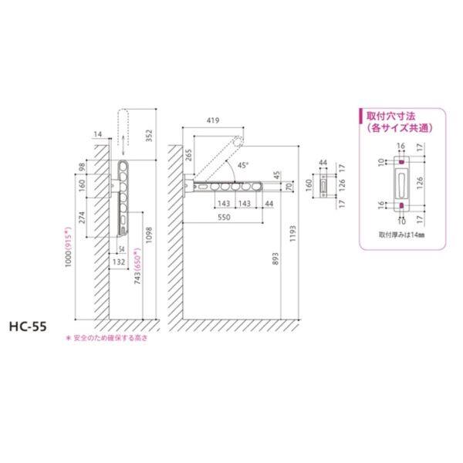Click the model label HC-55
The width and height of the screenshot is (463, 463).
pyautogui.click(x=29, y=326)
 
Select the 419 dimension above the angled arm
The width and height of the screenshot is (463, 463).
pyautogui.click(x=215, y=120)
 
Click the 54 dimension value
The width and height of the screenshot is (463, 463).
pyautogui.click(x=122, y=248)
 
